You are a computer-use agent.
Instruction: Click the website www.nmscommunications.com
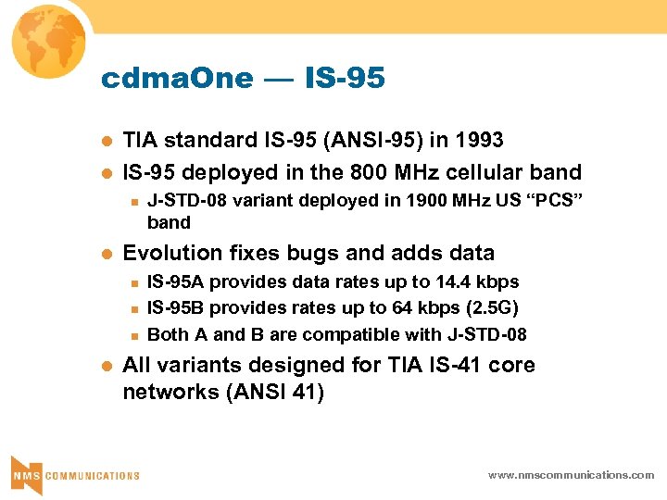click(571, 475)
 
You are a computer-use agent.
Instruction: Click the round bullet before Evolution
click(107, 254)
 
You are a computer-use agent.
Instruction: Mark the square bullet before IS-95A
click(134, 282)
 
